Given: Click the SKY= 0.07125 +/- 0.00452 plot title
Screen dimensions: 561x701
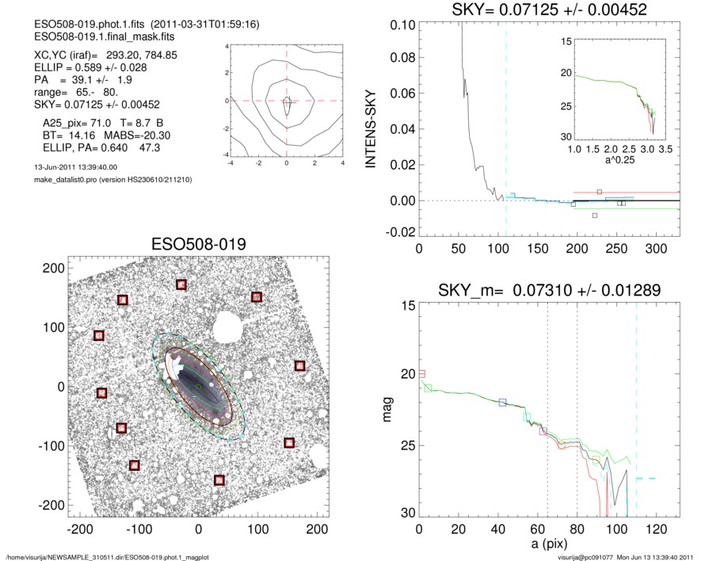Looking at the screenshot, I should tap(539, 10).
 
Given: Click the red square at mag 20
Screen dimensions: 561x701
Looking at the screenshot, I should tap(421, 373).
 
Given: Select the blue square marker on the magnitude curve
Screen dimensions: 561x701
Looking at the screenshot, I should tap(502, 403).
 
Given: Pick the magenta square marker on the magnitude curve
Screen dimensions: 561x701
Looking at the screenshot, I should tap(543, 431).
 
